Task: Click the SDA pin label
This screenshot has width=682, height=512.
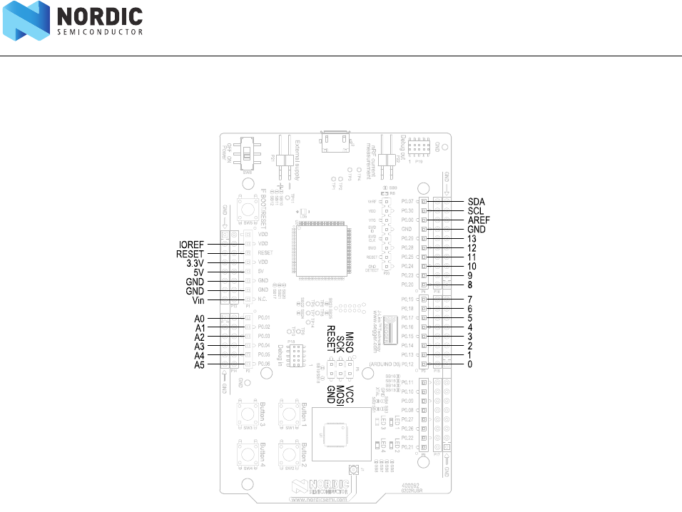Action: [476, 202]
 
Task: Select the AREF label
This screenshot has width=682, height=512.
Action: [479, 220]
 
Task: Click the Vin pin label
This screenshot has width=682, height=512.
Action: [198, 300]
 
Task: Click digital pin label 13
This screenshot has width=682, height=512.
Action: [472, 238]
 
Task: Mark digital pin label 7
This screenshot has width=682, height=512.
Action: [470, 299]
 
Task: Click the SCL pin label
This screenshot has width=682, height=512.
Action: [476, 211]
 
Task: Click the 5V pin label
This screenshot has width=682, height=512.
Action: [198, 272]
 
